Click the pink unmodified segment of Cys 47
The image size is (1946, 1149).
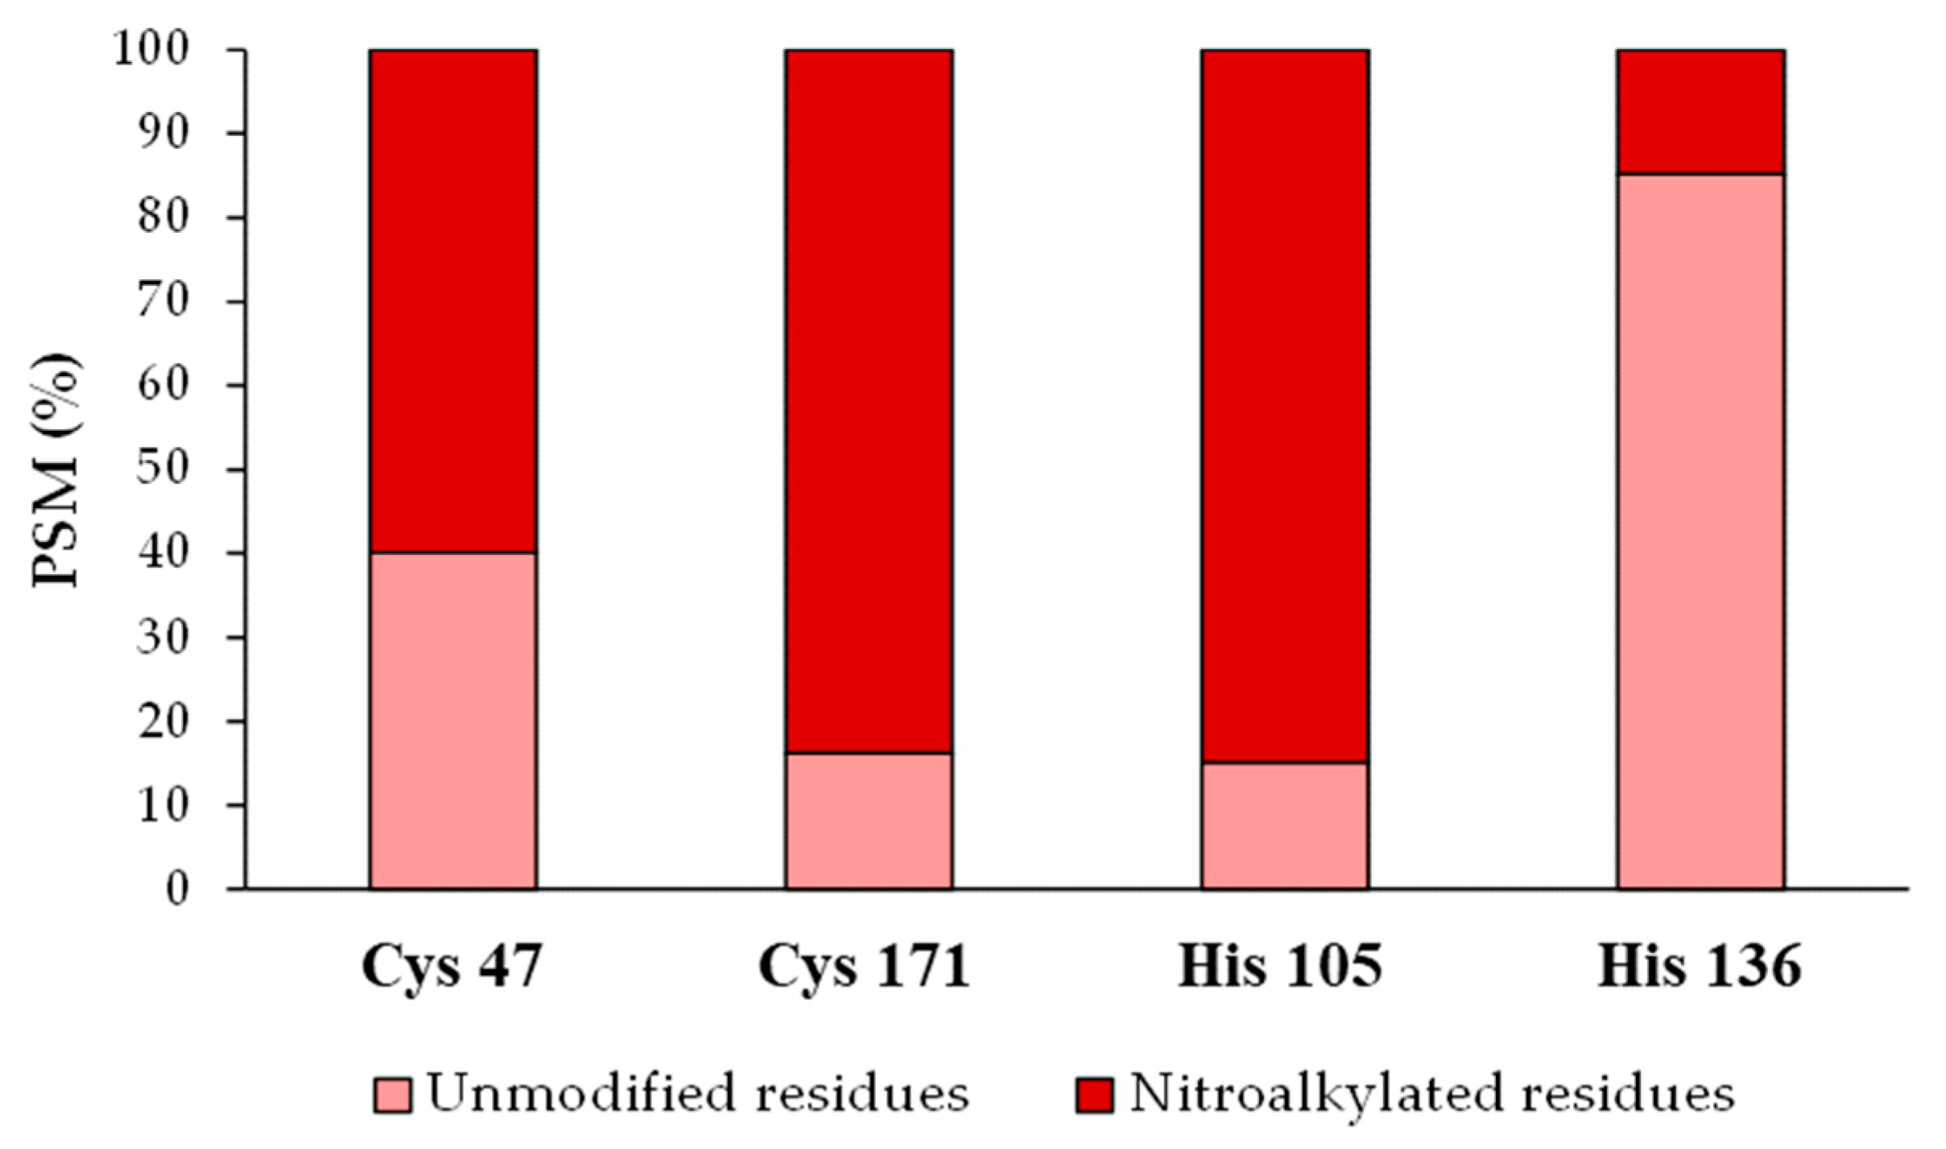point(453,720)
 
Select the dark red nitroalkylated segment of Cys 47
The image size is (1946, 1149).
point(453,301)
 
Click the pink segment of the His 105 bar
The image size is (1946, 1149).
point(1285,825)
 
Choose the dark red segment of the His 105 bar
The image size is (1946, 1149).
point(1285,406)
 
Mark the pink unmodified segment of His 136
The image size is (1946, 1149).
point(1700,531)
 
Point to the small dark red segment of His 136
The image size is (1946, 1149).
point(1700,112)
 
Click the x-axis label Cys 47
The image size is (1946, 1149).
point(452,966)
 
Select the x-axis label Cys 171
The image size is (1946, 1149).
point(864,966)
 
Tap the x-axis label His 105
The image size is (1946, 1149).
point(1280,966)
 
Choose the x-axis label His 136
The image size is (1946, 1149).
point(1699,966)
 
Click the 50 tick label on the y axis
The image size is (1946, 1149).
point(173,469)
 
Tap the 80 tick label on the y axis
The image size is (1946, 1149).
point(173,218)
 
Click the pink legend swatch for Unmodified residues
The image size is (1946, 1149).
point(393,1095)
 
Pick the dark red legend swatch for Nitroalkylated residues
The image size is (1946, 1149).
point(1095,1095)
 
